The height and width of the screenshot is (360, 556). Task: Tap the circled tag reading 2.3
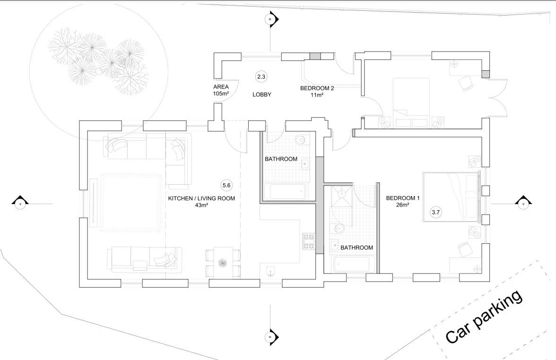pos(261,76)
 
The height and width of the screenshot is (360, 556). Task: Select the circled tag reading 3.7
pos(435,213)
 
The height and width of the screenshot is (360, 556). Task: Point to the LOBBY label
pos(261,94)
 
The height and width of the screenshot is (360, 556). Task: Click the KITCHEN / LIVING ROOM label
pos(201,202)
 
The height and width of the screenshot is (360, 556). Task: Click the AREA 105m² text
pos(221,90)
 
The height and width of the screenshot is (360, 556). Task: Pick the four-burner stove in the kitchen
pos(309,241)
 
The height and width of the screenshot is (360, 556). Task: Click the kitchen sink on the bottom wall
pos(271,271)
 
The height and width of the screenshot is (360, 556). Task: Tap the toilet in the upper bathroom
pos(301,141)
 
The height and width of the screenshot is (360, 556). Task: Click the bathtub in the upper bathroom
pos(285,192)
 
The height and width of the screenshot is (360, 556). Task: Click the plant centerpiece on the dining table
pos(223,262)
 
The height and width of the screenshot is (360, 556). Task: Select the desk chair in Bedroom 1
pos(465,249)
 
